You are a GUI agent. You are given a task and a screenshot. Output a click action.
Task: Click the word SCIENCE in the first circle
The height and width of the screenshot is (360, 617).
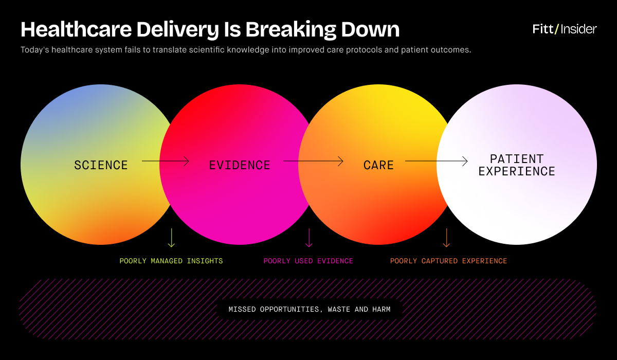101,165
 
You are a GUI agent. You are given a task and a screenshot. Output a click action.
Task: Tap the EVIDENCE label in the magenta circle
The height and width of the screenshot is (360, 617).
240,165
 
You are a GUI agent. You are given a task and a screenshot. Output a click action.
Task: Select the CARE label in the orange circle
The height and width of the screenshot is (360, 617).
378,165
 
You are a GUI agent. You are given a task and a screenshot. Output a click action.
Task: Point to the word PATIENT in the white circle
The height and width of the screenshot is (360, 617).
517,159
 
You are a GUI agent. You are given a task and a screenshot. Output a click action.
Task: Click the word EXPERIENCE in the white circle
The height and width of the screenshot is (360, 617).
517,171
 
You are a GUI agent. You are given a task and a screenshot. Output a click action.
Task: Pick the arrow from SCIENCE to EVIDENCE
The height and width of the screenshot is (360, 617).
165,161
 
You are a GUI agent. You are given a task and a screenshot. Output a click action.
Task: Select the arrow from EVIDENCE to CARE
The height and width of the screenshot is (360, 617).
313,161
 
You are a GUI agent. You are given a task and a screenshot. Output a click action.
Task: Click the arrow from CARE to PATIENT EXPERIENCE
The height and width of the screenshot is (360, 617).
437,161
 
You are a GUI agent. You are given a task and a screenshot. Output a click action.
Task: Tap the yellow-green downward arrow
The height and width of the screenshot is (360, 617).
171,238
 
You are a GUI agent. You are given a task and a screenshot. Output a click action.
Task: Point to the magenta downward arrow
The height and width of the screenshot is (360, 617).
309,238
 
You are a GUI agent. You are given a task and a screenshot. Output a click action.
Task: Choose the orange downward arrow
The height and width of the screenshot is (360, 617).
446,238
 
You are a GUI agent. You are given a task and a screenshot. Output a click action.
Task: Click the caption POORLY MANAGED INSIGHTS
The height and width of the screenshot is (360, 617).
171,261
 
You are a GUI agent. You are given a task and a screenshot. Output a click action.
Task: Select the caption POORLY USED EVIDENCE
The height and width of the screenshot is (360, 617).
308,261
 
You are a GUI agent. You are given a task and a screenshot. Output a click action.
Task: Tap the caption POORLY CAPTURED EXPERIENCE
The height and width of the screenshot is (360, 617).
448,261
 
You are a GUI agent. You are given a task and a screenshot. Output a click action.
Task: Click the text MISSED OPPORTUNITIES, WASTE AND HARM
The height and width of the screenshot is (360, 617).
310,309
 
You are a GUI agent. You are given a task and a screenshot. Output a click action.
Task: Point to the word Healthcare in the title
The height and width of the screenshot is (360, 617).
76,29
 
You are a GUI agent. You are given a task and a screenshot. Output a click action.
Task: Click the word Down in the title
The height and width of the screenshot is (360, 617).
370,29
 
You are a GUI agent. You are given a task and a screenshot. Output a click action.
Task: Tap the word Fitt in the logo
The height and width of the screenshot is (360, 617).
542,29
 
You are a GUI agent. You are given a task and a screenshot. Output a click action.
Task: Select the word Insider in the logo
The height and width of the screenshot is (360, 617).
579,29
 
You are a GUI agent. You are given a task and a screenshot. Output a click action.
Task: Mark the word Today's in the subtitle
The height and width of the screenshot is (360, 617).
35,50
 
